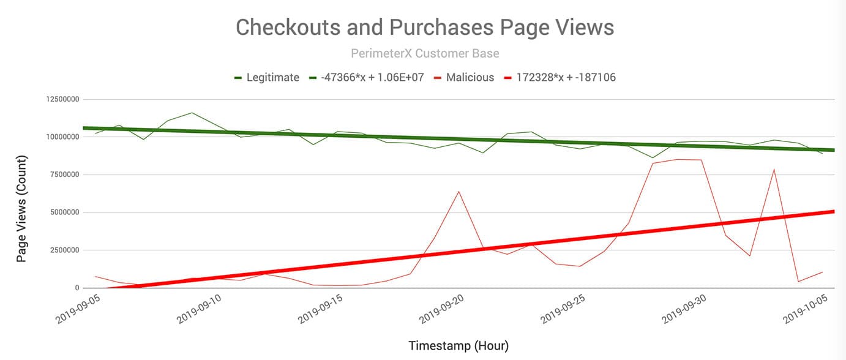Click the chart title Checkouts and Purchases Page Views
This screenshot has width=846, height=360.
click(x=425, y=28)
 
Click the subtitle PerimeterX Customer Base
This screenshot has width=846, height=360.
click(x=425, y=54)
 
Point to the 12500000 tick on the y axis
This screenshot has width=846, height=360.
click(x=62, y=99)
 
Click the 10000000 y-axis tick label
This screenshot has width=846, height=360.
click(x=62, y=137)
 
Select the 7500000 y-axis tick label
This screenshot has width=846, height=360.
click(x=65, y=174)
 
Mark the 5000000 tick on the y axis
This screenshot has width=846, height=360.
click(x=65, y=212)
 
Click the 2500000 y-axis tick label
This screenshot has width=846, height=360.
click(x=65, y=250)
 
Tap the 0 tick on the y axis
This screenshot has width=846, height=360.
click(x=77, y=288)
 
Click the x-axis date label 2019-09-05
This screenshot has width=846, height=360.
click(x=78, y=309)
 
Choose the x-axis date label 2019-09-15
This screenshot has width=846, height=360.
click(x=320, y=309)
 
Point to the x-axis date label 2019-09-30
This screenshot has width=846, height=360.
click(x=684, y=309)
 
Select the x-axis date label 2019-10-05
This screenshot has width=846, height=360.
click(x=805, y=309)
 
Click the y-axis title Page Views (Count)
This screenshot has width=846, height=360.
click(x=21, y=209)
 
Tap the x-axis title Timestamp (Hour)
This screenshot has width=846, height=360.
click(x=459, y=346)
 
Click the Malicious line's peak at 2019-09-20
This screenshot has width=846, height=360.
click(x=459, y=192)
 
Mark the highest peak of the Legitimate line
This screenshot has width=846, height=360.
click(x=192, y=113)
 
